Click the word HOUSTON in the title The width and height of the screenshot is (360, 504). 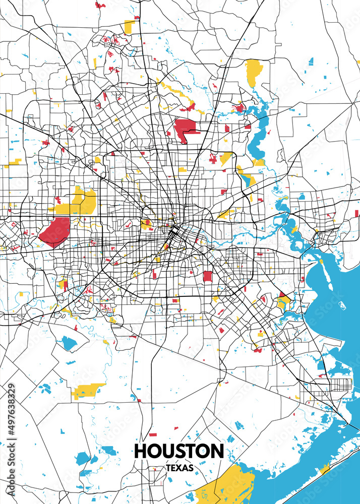click(179, 451)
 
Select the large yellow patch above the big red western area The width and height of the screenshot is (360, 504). click(81, 202)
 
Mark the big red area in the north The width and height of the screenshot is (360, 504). click(186, 130)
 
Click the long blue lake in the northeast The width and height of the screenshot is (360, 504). click(260, 136)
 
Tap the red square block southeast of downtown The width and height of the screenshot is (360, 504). click(207, 276)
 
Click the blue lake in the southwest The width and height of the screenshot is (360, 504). click(69, 343)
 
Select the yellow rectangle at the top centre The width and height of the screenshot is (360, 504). click(130, 26)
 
